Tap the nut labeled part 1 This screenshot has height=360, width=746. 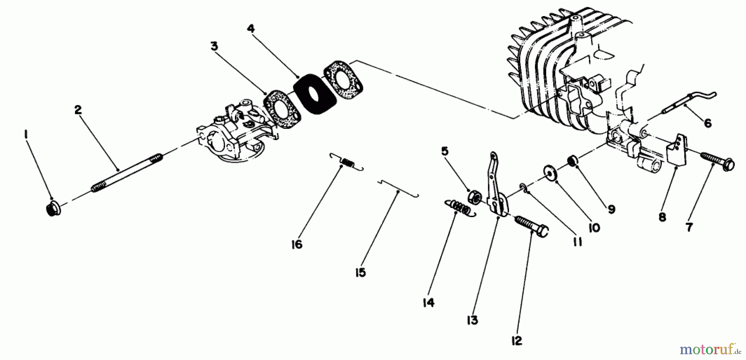tap(52, 209)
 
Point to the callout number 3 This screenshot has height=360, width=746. tap(214, 46)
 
